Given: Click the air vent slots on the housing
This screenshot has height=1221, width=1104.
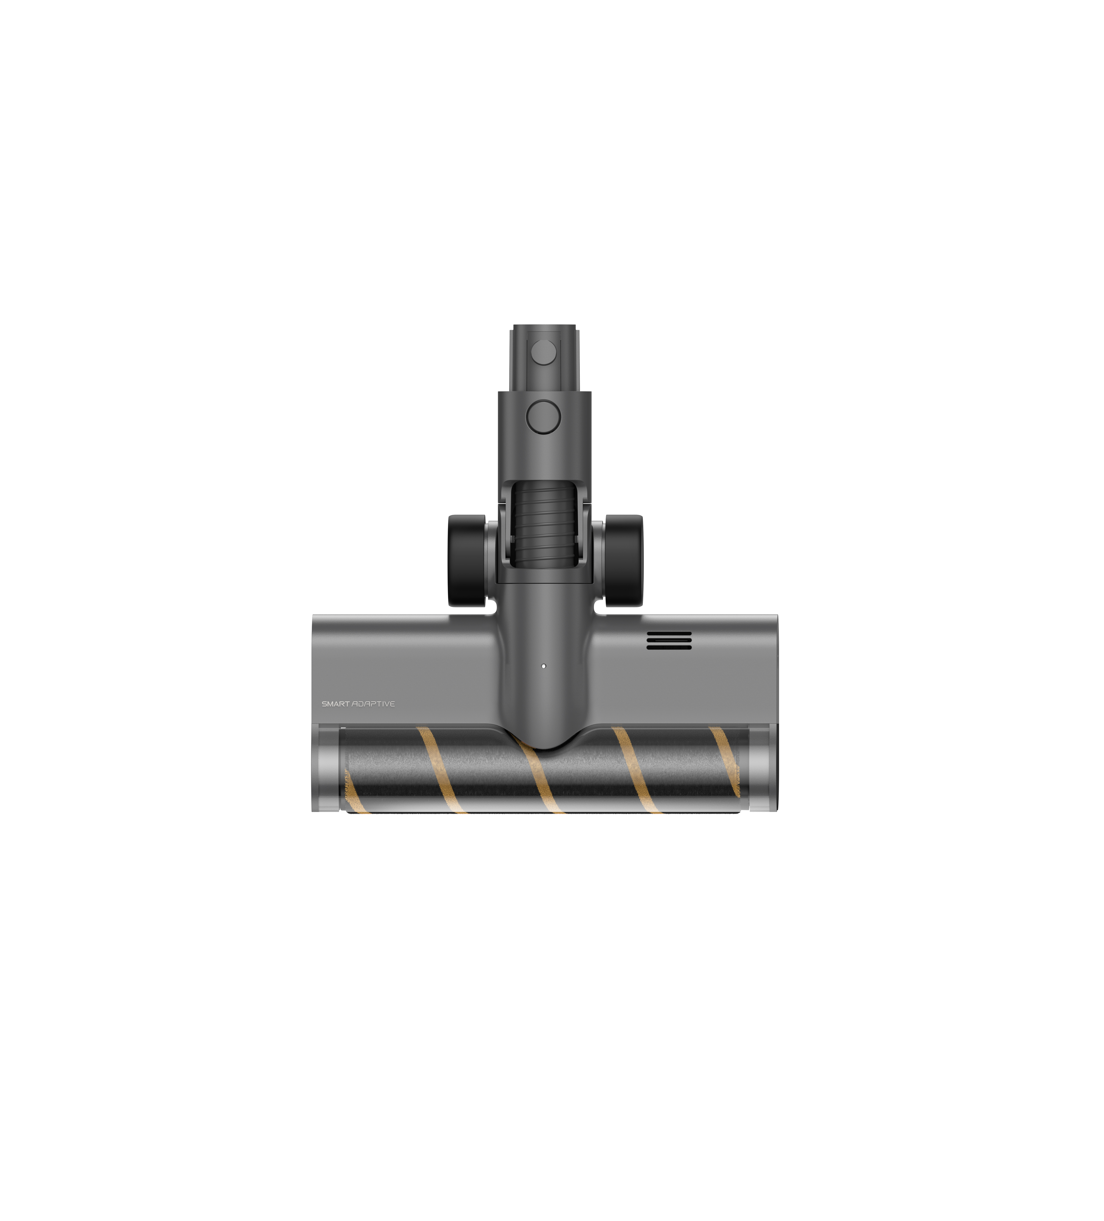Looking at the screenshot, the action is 668,640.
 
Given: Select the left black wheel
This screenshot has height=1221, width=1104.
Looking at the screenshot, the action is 467,560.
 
